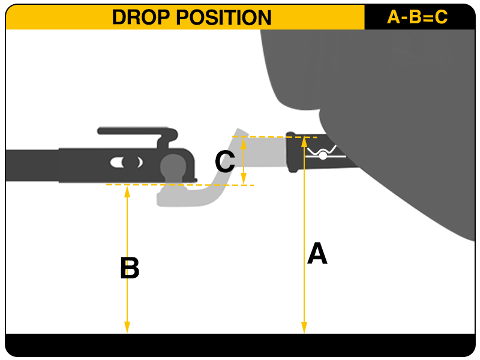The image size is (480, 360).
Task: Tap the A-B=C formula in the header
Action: (418, 17)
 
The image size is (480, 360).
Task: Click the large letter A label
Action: (317, 254)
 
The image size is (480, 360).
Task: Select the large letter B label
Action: (130, 268)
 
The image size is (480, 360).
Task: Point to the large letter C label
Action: (224, 162)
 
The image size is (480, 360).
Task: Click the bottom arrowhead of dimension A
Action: (304, 328)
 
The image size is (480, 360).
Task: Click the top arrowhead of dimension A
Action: (304, 142)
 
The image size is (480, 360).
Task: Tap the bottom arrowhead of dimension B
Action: (127, 328)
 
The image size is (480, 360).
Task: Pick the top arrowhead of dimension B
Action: (127, 190)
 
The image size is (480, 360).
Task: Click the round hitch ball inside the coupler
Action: (173, 165)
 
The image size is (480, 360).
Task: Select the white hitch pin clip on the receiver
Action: (324, 154)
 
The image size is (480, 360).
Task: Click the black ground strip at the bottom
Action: (240, 344)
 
